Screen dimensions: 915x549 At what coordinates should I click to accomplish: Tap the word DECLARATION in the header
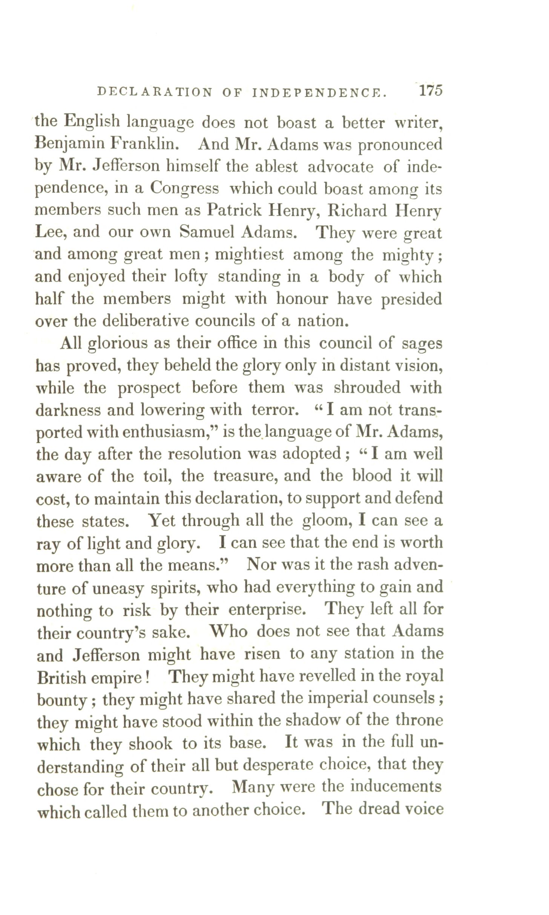(155, 92)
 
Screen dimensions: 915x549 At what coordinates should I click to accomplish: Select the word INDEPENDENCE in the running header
(319, 93)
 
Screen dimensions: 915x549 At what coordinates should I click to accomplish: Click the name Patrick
(234, 210)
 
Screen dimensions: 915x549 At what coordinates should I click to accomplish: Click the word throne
(419, 720)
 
